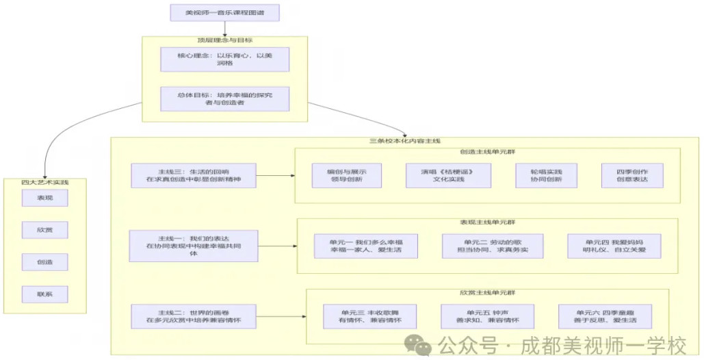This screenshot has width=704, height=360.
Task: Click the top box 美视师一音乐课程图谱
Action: click(224, 13)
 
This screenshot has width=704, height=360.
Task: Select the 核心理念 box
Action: click(224, 59)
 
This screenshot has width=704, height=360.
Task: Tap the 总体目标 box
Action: click(224, 99)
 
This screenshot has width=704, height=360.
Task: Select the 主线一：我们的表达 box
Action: click(193, 246)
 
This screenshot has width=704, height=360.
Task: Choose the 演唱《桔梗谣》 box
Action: click(447, 176)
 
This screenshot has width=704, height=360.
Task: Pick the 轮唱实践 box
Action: click(546, 176)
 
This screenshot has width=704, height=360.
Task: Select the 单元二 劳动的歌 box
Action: click(492, 246)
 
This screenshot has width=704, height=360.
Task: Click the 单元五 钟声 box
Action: click(491, 316)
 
